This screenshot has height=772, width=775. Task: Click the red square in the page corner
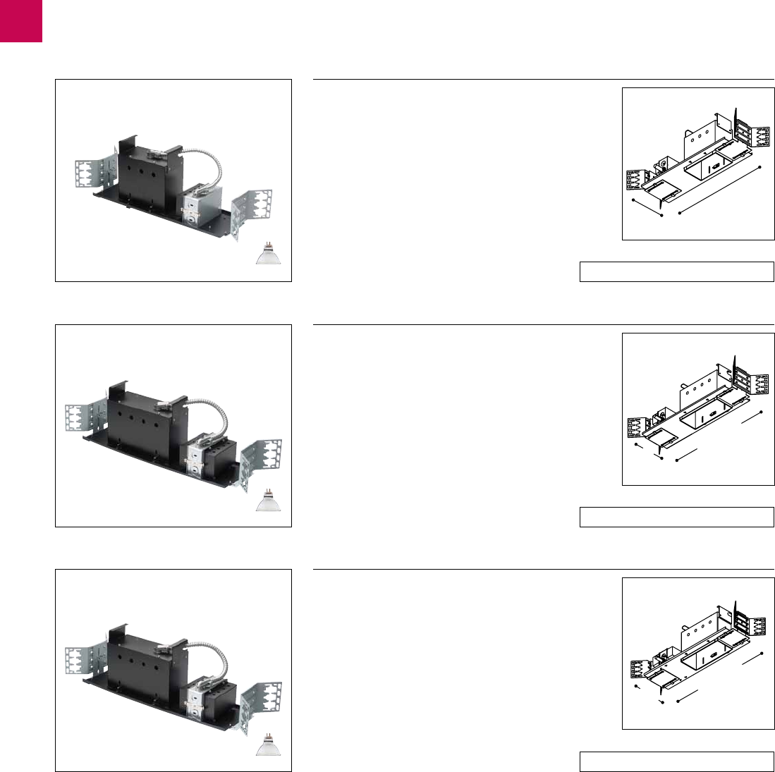(20, 20)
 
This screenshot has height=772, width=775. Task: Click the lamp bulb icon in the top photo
(267, 254)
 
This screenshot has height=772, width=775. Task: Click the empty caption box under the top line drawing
(676, 271)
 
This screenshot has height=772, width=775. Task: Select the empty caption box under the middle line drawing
(676, 517)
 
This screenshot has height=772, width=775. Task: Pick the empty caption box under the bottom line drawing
(676, 762)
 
